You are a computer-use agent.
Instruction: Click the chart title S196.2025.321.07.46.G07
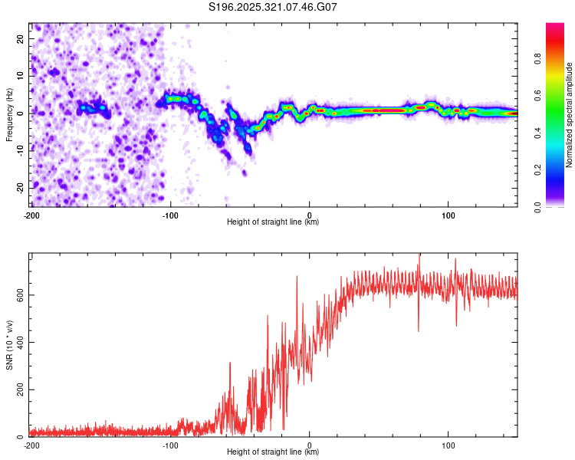274,7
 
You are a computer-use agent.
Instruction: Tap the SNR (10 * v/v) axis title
8,345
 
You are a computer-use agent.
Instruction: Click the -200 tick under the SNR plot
31,445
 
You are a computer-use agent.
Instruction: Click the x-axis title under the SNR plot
273,452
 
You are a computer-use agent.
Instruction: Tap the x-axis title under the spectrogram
273,222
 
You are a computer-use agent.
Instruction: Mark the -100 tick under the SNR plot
170,445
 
